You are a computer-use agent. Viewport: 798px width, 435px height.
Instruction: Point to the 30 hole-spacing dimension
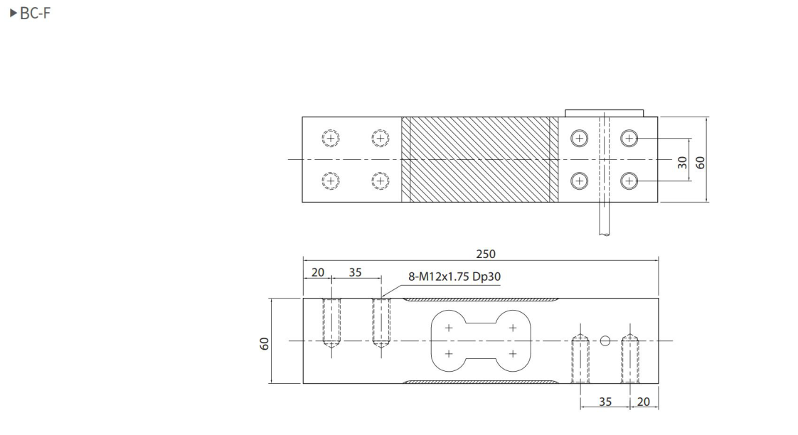click(682, 161)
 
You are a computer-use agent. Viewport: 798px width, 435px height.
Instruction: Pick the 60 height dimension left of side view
click(265, 342)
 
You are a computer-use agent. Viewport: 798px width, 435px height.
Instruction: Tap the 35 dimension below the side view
click(605, 402)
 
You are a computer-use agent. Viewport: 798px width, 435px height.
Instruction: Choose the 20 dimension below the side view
click(644, 402)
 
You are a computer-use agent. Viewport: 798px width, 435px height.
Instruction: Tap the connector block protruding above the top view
click(605, 112)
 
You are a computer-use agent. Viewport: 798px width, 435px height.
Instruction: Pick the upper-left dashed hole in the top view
click(331, 139)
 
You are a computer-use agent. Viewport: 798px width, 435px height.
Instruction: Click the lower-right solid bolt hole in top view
click(629, 181)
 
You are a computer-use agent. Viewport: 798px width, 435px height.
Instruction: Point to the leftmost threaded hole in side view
click(331, 322)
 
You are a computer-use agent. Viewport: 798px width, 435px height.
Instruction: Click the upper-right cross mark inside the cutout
click(511, 328)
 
